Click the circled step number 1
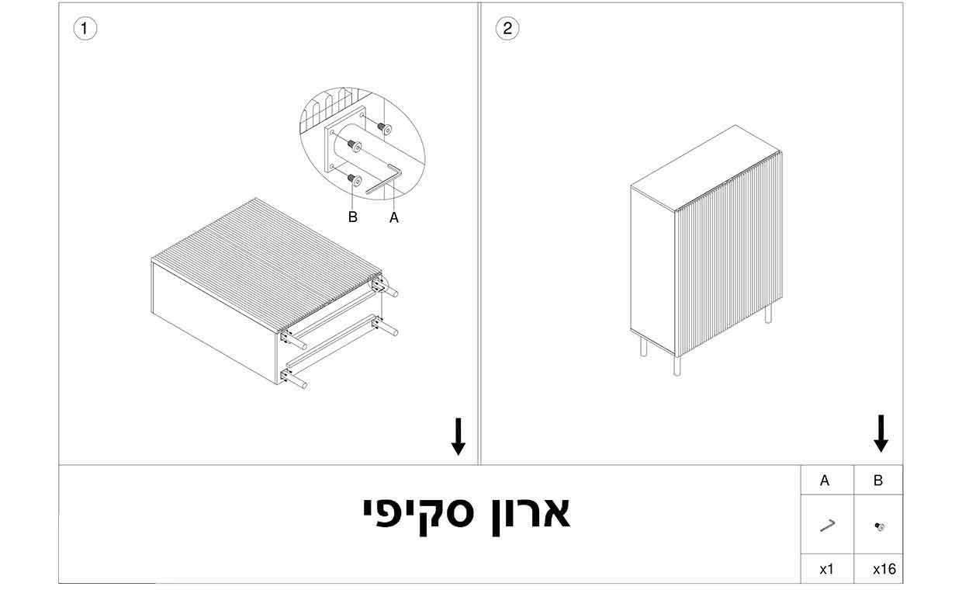(x=85, y=29)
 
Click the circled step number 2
(x=507, y=29)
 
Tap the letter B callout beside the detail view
(x=352, y=217)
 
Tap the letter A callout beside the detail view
(x=394, y=217)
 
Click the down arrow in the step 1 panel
(x=459, y=436)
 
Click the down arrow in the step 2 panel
(x=881, y=433)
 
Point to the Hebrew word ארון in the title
(x=531, y=513)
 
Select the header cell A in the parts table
(x=825, y=480)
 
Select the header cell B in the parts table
(x=878, y=480)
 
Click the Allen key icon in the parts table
(x=827, y=526)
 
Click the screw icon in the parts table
(x=879, y=526)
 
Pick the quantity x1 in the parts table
(x=826, y=569)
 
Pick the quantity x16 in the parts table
(x=884, y=569)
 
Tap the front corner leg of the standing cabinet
(x=677, y=366)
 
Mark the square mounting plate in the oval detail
(x=345, y=139)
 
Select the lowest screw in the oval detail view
(x=355, y=179)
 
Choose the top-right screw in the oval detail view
(x=384, y=127)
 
